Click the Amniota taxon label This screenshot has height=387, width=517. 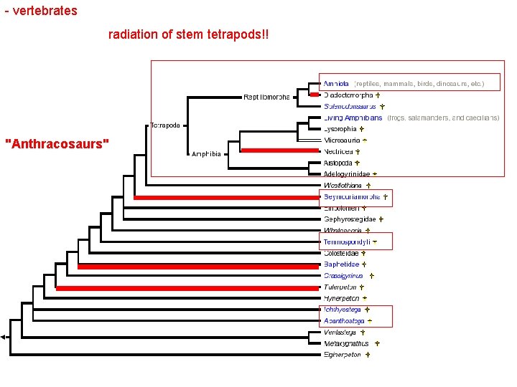click(336, 84)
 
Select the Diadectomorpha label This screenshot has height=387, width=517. click(348, 95)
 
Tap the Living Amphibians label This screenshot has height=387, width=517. click(353, 118)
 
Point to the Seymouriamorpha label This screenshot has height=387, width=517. click(352, 196)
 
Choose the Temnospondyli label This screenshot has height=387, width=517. click(347, 242)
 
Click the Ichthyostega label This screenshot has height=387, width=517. click(342, 310)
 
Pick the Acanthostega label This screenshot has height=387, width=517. click(344, 321)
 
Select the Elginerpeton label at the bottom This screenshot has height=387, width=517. click(343, 354)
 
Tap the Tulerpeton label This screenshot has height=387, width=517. click(340, 287)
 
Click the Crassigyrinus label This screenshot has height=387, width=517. click(343, 275)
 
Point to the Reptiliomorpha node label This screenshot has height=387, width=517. click(266, 96)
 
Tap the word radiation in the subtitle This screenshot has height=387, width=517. click(133, 34)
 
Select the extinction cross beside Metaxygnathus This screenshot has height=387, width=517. click(376, 343)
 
